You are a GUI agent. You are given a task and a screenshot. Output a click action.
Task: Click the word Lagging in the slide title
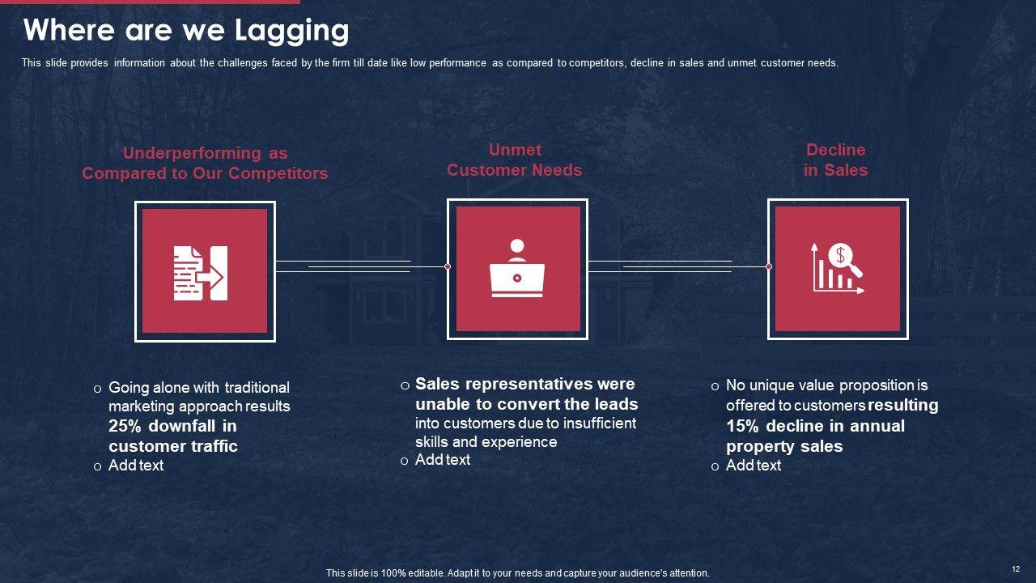[292, 31]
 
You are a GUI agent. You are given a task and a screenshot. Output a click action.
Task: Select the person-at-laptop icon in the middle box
[517, 268]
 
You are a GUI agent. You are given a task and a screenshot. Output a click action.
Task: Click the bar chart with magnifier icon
[838, 267]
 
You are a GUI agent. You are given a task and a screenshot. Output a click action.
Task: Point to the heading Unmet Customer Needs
[514, 160]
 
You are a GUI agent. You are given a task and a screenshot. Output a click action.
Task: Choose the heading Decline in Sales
[835, 160]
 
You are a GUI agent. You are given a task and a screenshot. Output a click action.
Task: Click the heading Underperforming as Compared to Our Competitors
[205, 163]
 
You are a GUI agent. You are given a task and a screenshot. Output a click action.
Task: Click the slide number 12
[1016, 569]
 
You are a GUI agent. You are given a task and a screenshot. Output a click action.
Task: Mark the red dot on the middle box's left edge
[448, 266]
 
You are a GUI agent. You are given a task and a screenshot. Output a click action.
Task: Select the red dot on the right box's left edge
[769, 266]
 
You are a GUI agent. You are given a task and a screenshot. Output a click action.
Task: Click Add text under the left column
[136, 466]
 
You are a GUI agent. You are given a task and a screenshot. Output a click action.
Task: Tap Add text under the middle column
[443, 460]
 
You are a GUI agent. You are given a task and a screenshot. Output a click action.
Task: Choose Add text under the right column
[754, 466]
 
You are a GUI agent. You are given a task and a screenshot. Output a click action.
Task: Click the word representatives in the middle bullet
[527, 384]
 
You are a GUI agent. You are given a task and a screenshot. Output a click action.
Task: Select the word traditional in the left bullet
[257, 388]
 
